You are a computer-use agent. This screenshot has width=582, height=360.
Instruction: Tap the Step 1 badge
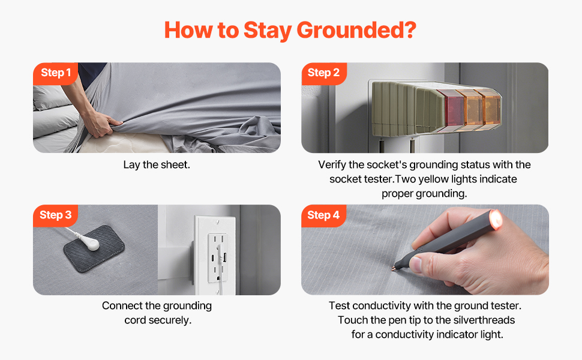click(56, 73)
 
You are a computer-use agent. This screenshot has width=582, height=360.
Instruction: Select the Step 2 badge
click(323, 73)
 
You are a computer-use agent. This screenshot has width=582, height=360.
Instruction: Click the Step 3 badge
click(55, 215)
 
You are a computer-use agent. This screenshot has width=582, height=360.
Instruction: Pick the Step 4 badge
click(323, 215)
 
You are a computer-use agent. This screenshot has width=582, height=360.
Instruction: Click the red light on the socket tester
click(449, 109)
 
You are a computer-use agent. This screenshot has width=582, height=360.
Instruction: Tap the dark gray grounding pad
click(94, 248)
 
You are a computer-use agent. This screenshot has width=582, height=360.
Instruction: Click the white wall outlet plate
click(215, 256)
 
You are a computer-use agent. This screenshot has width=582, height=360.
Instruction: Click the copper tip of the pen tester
click(394, 268)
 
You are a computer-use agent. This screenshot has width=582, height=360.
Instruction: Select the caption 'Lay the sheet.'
click(157, 165)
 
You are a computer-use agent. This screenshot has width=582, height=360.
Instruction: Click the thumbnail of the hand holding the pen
click(425, 250)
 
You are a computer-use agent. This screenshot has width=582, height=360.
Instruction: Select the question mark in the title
click(410, 30)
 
